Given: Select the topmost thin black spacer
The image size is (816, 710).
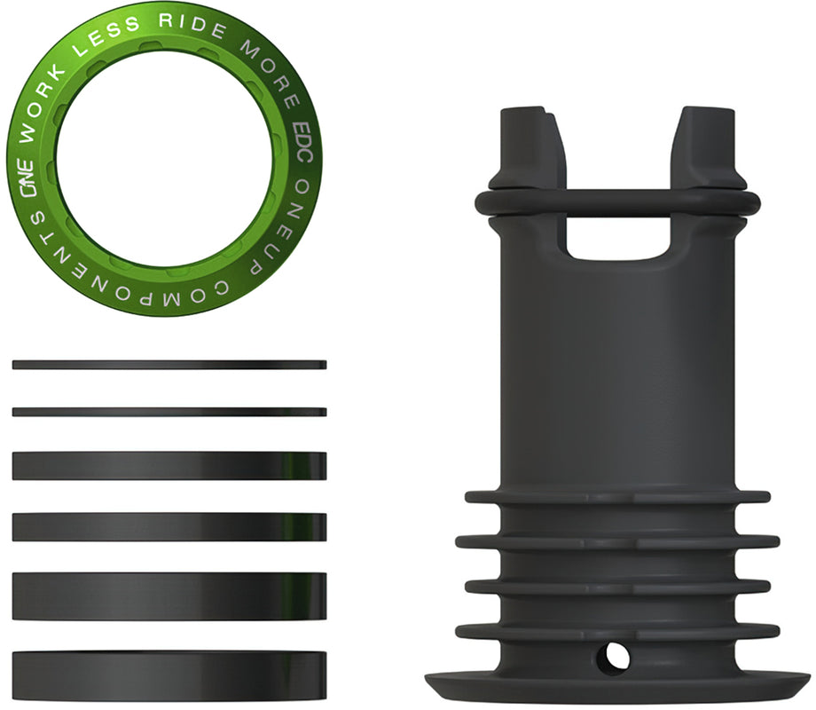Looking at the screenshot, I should click(169, 365).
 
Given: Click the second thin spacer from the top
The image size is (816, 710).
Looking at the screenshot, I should click(169, 412).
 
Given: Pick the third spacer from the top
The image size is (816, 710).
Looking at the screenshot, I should click(169, 466).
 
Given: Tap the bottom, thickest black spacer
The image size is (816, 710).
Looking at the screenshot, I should click(169, 674).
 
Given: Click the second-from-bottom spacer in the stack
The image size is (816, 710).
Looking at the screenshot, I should click(169, 596).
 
